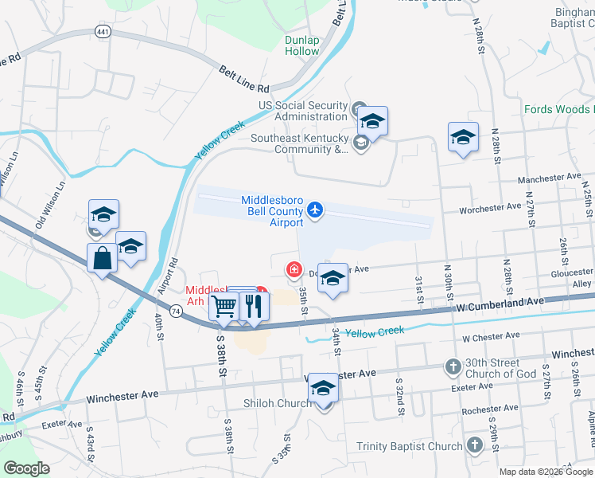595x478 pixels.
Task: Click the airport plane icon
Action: point(315,210)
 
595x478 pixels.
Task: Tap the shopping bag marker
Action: point(102,258)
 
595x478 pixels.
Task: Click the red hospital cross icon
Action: point(294,270)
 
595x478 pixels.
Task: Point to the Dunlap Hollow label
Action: point(301,46)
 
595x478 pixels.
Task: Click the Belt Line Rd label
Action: point(244,78)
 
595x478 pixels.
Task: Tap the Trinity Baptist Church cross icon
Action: point(474,445)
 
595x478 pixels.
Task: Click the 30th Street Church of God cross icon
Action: point(453,367)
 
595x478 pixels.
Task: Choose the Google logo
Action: point(27,468)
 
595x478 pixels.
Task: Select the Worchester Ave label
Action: point(491,209)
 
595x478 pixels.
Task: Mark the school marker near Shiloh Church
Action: point(323,389)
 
